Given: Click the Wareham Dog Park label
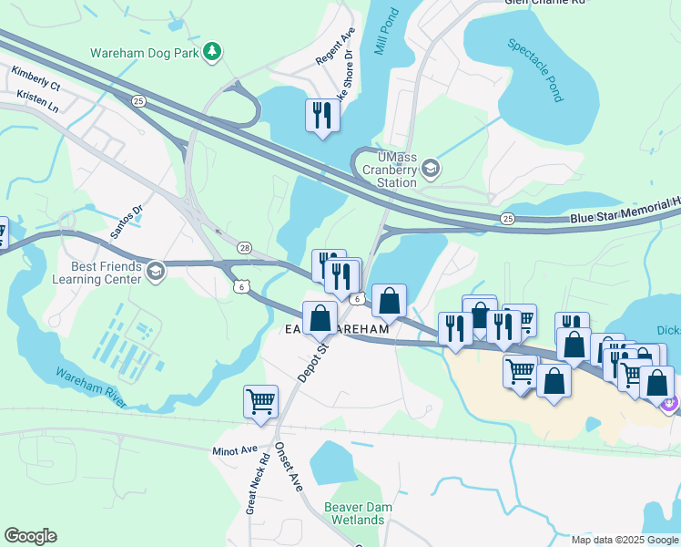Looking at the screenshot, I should point(144,52).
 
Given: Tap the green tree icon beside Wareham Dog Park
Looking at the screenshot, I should point(212,51).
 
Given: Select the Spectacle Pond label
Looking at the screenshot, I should point(535,69).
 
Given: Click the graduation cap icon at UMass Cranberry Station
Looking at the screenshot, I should point(432,169).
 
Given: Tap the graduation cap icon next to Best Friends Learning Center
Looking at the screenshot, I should point(156,272).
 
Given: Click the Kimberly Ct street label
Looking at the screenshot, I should point(36,78).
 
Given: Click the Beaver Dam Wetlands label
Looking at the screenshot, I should point(354,513).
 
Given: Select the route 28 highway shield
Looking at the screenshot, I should point(244,248).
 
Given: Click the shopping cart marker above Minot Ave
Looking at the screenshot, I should point(260,400).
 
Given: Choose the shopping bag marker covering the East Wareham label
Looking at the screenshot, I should point(320,318).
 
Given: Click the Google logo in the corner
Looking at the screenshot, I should point(30,536).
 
